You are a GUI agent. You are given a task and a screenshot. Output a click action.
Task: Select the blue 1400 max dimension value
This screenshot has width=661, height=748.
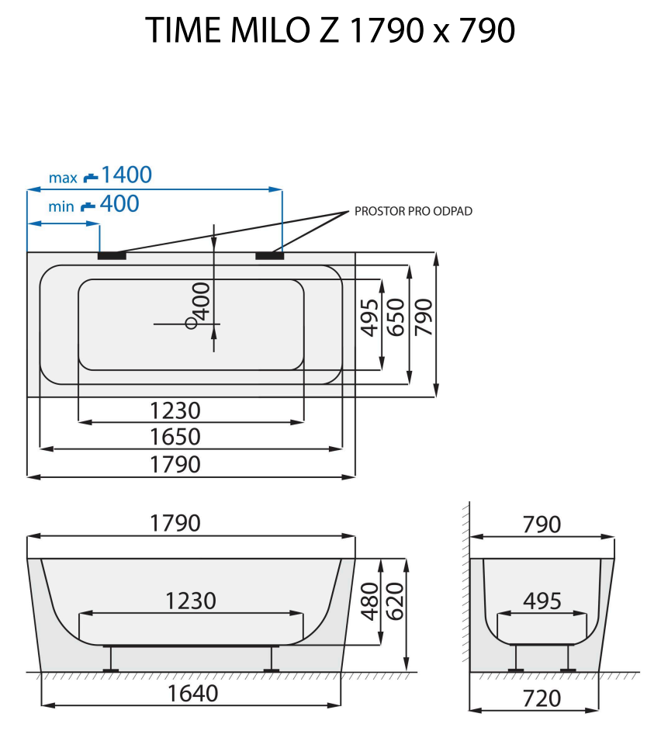(x=126, y=175)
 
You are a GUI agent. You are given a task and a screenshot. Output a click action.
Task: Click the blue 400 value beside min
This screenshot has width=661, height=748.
(x=119, y=204)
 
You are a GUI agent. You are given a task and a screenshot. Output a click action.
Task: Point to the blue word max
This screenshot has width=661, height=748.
(x=63, y=178)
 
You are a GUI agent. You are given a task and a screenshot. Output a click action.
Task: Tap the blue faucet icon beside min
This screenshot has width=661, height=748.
(x=88, y=206)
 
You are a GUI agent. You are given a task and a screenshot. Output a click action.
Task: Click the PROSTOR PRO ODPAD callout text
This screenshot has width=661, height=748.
(x=413, y=211)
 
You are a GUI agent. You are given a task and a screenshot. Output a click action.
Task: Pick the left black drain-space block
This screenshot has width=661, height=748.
(x=112, y=254)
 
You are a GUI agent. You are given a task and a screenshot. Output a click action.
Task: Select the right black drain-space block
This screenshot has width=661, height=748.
(x=269, y=254)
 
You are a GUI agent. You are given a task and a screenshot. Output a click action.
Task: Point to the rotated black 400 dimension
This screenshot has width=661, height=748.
(x=202, y=301)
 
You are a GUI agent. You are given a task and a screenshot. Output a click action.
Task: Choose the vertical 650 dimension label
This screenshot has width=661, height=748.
(x=396, y=317)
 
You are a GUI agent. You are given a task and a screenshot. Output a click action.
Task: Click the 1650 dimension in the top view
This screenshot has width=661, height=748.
(x=175, y=436)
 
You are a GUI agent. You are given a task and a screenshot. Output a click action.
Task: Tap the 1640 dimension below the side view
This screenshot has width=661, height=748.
(x=192, y=693)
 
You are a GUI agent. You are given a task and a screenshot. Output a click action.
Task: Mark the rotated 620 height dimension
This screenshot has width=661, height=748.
(x=396, y=601)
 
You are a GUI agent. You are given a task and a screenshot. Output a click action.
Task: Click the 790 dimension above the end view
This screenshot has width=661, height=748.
(x=542, y=525)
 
